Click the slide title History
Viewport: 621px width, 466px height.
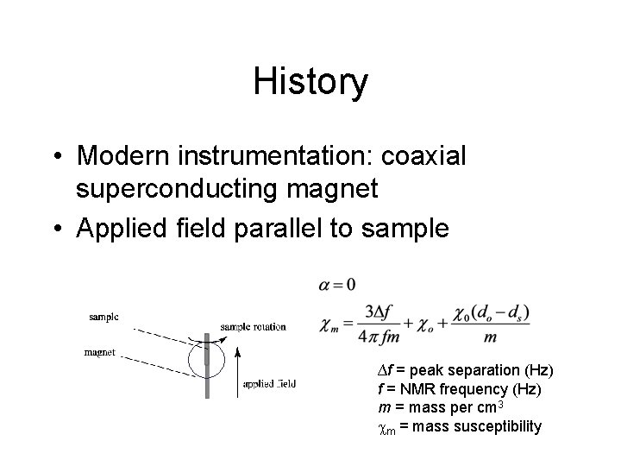point(310,82)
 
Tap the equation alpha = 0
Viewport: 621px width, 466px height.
point(338,284)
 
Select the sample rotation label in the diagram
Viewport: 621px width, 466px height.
point(253,327)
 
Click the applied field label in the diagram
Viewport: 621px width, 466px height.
point(268,383)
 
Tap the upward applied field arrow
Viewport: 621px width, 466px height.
point(238,367)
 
